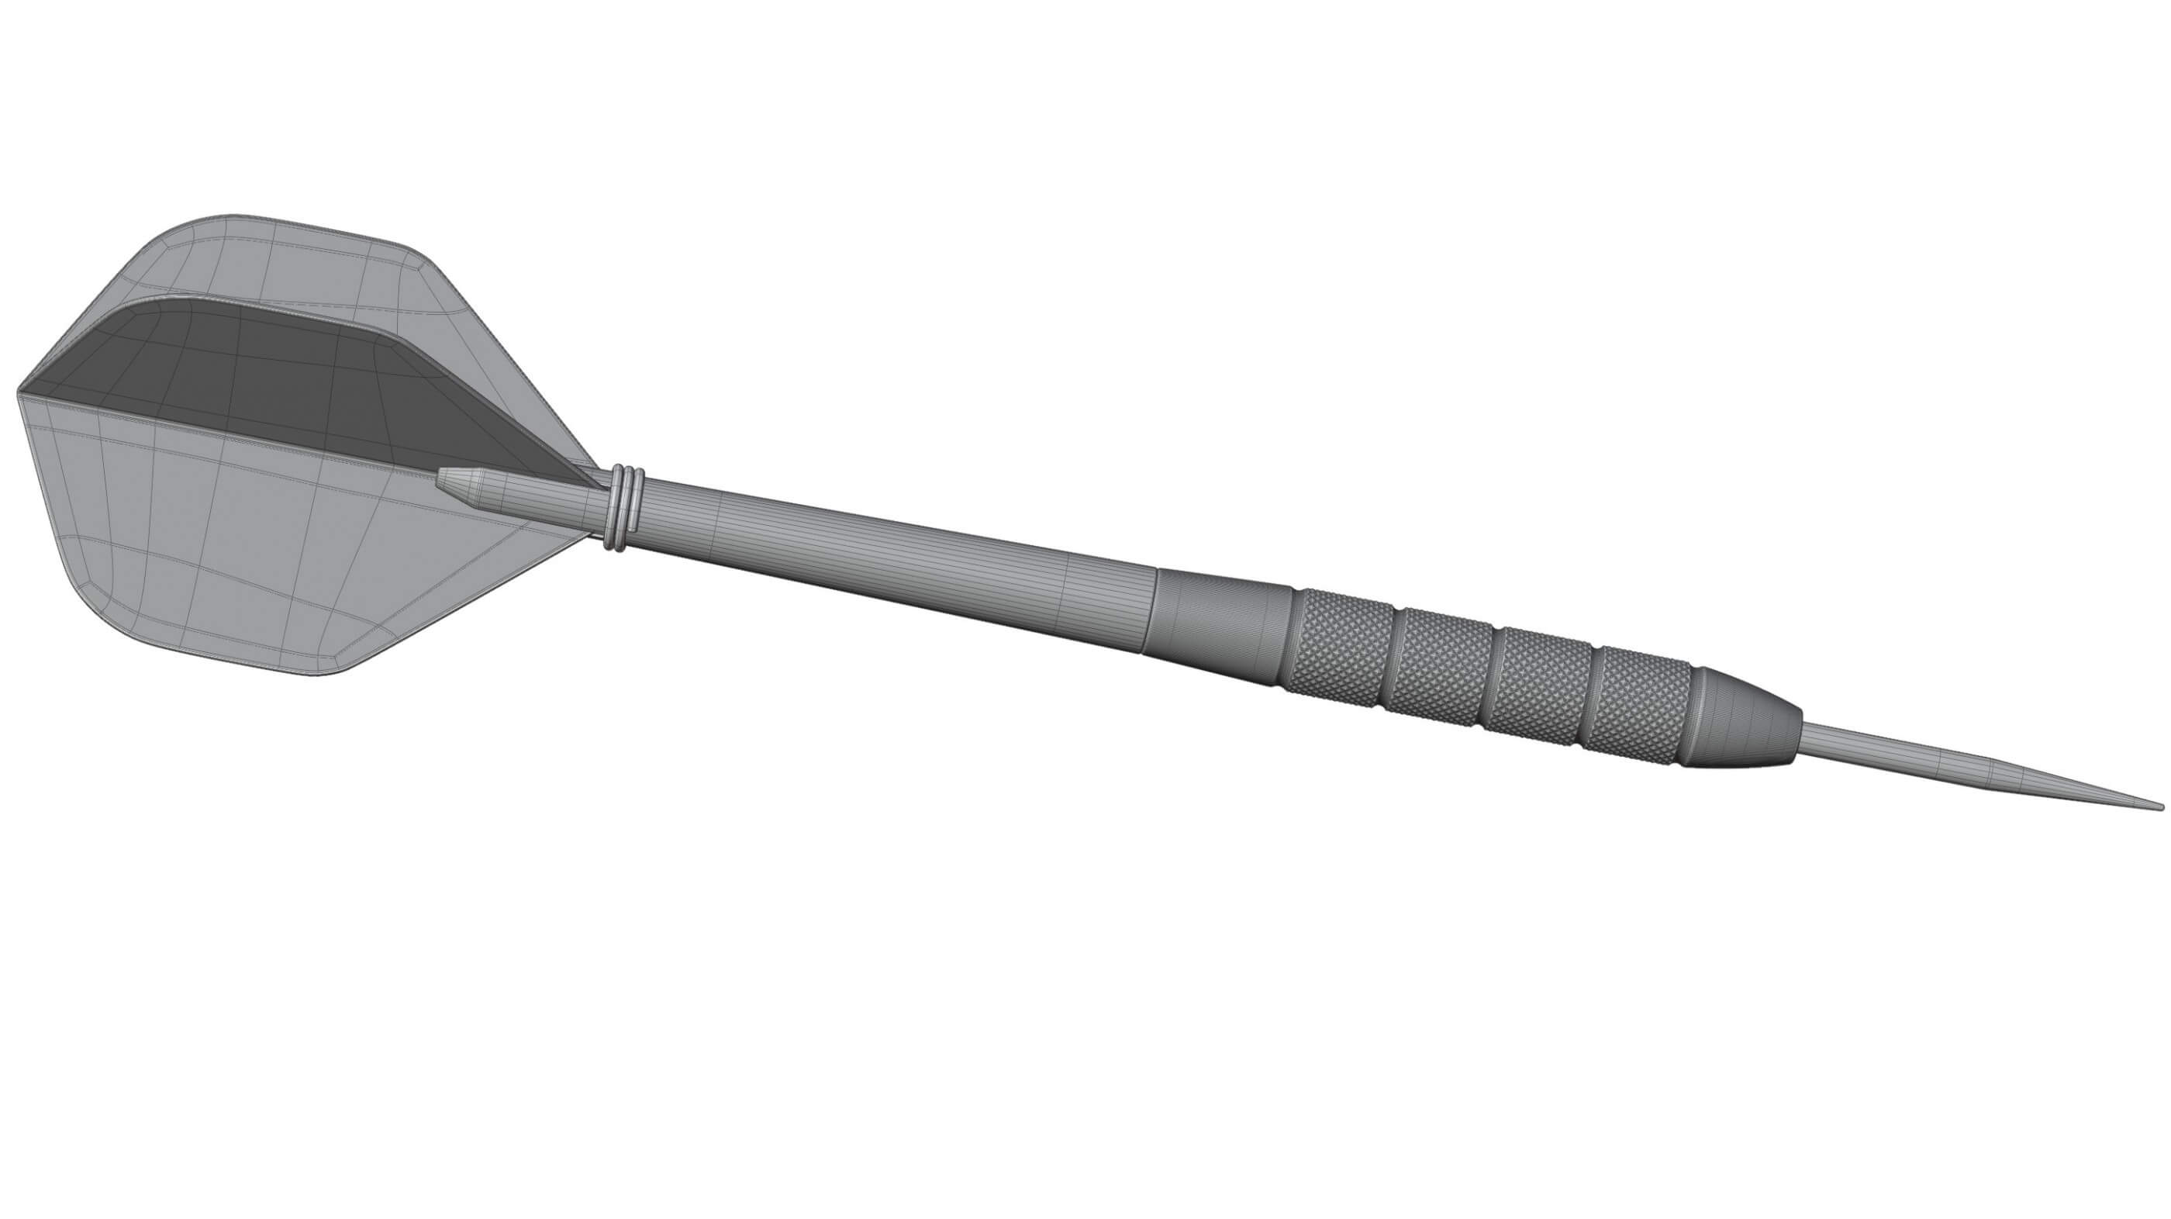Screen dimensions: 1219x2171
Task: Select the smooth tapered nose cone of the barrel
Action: pos(1745,718)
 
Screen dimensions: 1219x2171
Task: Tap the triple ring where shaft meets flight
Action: pos(623,509)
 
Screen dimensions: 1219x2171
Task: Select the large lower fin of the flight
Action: pos(253,548)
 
